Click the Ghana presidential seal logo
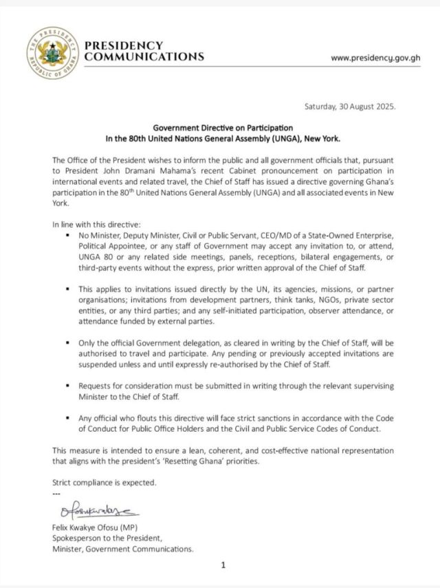click(x=52, y=52)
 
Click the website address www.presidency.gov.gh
click(x=375, y=58)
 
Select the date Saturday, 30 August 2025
click(x=350, y=107)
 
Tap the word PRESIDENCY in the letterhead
click(x=124, y=45)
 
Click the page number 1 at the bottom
click(x=223, y=565)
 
